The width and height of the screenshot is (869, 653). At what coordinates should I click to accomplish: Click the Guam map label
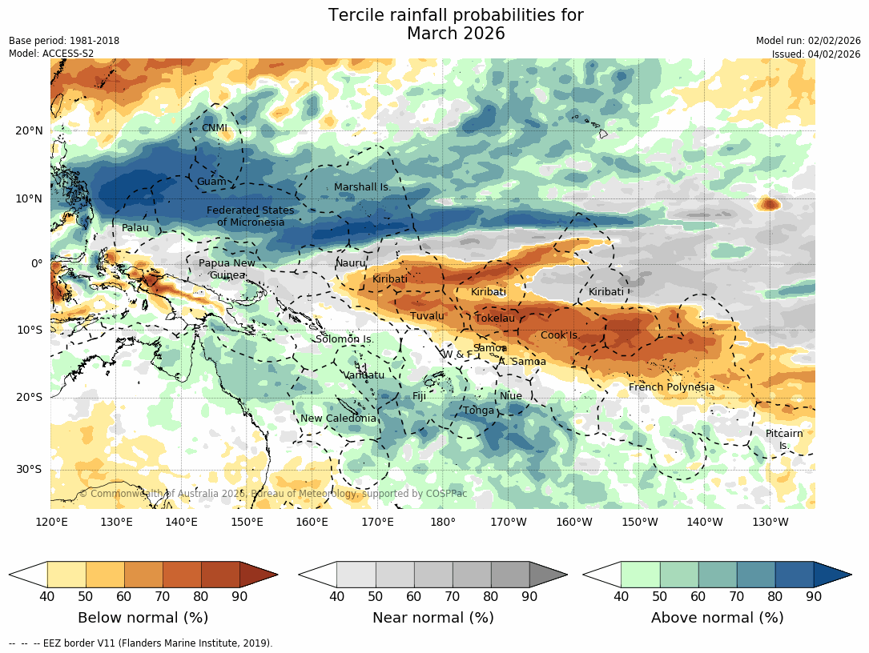pyautogui.click(x=211, y=182)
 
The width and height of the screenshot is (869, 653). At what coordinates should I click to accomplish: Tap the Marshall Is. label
pyautogui.click(x=361, y=187)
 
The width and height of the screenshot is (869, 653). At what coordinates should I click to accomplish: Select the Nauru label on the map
pyautogui.click(x=350, y=263)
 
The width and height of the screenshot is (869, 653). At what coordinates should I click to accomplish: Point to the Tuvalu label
pyautogui.click(x=427, y=316)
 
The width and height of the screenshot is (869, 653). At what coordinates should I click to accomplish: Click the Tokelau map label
pyautogui.click(x=495, y=318)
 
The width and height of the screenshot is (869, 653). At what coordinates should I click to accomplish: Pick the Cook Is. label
pyautogui.click(x=559, y=335)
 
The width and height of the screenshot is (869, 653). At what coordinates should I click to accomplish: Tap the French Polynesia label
pyautogui.click(x=671, y=387)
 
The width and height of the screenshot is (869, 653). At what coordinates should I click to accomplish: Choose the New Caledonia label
pyautogui.click(x=338, y=419)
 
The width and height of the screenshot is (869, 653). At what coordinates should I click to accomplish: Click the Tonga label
pyautogui.click(x=479, y=411)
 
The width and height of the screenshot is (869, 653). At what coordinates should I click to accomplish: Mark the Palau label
pyautogui.click(x=135, y=228)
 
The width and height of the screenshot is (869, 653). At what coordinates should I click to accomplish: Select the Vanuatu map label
pyautogui.click(x=364, y=375)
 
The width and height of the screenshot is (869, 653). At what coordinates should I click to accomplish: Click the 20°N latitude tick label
pyautogui.click(x=29, y=131)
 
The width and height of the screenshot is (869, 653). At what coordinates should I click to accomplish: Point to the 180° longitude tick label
pyautogui.click(x=443, y=523)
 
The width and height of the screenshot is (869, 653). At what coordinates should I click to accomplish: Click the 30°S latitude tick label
pyautogui.click(x=29, y=470)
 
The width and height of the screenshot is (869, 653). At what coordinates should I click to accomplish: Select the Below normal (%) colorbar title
pyautogui.click(x=143, y=618)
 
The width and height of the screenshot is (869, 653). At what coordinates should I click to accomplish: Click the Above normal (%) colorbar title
pyautogui.click(x=717, y=618)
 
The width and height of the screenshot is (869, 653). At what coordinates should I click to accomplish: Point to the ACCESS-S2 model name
pyautogui.click(x=66, y=54)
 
